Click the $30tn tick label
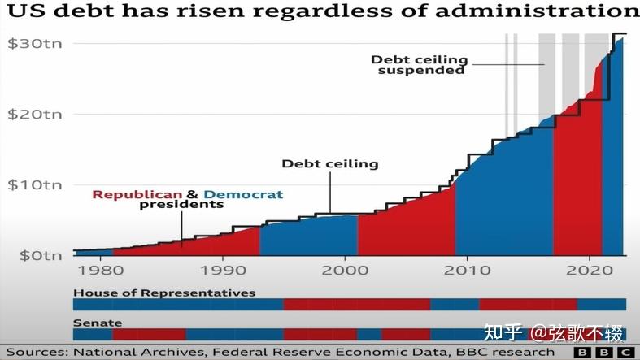click(33, 43)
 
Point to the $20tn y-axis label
click(33, 114)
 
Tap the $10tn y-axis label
click(33, 184)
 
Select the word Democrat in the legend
click(244, 194)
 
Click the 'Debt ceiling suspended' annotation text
click(419, 64)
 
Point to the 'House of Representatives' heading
click(164, 293)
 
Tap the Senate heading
click(92, 323)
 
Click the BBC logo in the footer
click(605, 353)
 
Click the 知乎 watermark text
click(503, 332)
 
